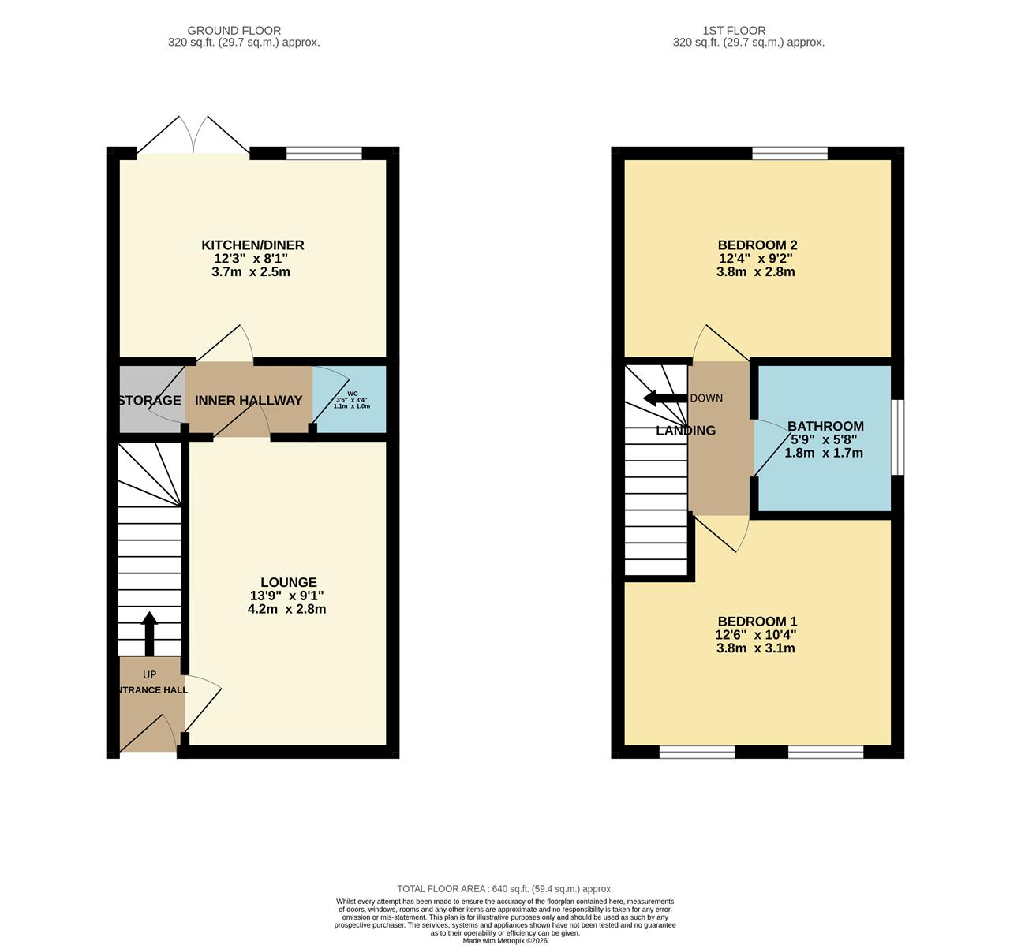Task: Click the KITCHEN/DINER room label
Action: pyautogui.click(x=252, y=245)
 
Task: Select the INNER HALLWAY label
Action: pyautogui.click(x=249, y=401)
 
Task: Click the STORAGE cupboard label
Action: pyautogui.click(x=151, y=401)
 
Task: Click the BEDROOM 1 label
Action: pyautogui.click(x=756, y=622)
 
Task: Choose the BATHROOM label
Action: pyautogui.click(x=825, y=426)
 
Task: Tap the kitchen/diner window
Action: pyautogui.click(x=324, y=153)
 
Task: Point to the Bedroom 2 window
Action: pyautogui.click(x=789, y=153)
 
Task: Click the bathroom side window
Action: pyautogui.click(x=897, y=438)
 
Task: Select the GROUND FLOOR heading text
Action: pyautogui.click(x=244, y=31)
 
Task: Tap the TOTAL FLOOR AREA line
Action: pyautogui.click(x=505, y=888)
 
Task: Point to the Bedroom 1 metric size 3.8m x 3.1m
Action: pyautogui.click(x=756, y=648)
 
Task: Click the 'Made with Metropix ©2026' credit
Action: pyautogui.click(x=505, y=940)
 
